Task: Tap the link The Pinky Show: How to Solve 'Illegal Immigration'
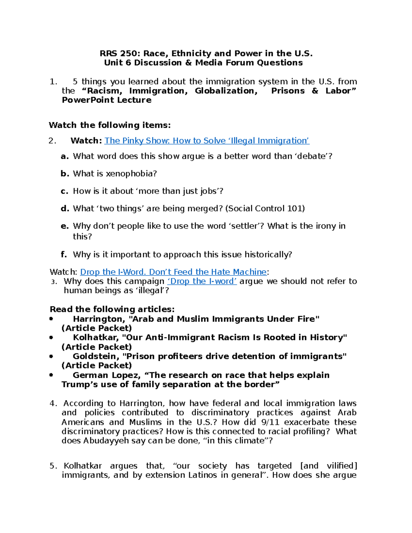click(x=207, y=141)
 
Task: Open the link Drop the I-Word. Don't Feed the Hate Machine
click(x=173, y=272)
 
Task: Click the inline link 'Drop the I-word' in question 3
click(x=202, y=281)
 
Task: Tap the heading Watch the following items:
click(x=110, y=125)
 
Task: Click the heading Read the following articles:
click(x=112, y=309)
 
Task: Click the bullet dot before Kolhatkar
click(x=51, y=338)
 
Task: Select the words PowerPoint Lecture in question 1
click(x=106, y=100)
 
